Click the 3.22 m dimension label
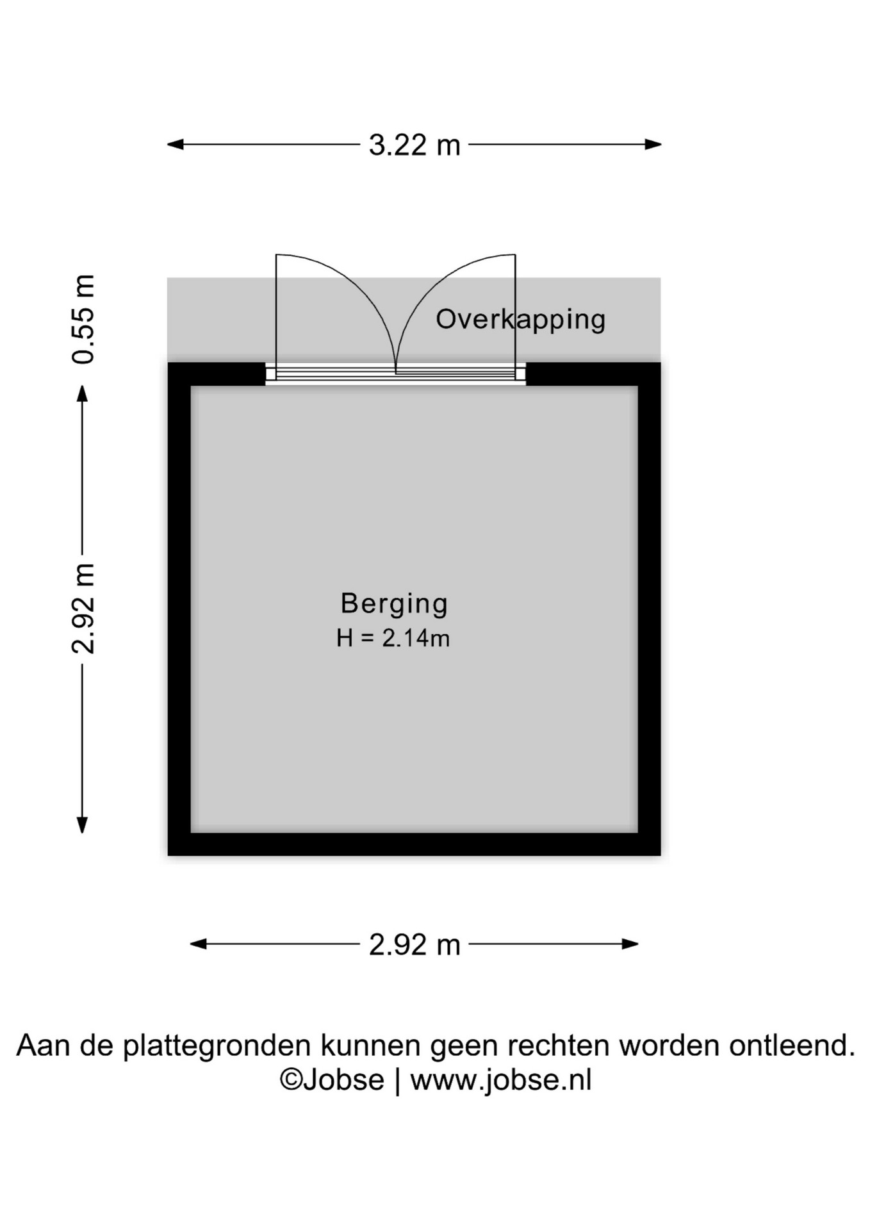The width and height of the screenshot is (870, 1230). click(414, 145)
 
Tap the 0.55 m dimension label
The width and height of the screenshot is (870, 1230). click(83, 319)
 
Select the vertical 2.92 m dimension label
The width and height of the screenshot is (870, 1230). click(83, 609)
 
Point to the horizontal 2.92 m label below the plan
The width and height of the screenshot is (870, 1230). click(414, 945)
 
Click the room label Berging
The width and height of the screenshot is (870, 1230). click(394, 604)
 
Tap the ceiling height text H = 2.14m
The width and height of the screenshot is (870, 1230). click(393, 638)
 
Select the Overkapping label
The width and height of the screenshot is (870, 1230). click(520, 320)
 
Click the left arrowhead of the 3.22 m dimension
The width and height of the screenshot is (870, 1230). click(175, 145)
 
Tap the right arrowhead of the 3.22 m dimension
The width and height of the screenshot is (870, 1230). click(653, 145)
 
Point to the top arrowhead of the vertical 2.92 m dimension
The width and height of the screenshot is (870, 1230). click(82, 393)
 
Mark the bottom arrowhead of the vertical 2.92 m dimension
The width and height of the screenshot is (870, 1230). click(82, 825)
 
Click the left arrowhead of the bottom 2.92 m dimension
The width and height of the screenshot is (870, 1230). click(199, 944)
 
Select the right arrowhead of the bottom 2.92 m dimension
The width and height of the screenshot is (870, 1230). click(630, 944)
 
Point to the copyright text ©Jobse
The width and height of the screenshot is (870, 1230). click(332, 1081)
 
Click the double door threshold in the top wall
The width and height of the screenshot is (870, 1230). click(395, 373)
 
